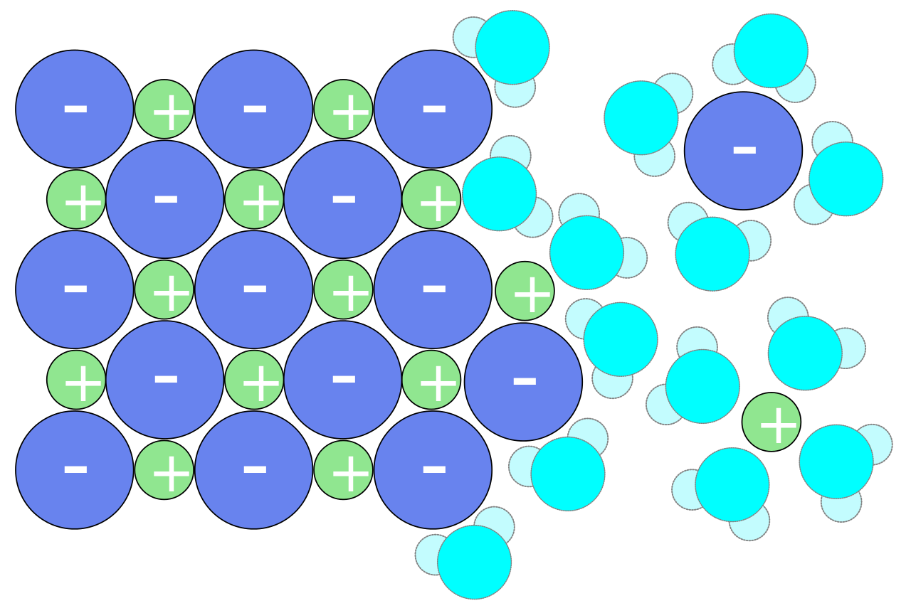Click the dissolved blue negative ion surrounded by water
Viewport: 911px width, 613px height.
[x=743, y=151]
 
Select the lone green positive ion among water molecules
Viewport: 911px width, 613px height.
[x=772, y=422]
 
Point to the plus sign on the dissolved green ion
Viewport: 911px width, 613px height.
[x=778, y=425]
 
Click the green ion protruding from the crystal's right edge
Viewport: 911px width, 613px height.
[x=525, y=291]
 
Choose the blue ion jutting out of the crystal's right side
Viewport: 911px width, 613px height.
[x=523, y=382]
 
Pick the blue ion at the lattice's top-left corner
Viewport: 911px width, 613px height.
[x=75, y=109]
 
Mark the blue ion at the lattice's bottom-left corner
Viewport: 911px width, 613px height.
[x=75, y=470]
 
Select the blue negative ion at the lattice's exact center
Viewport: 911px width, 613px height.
[x=254, y=289]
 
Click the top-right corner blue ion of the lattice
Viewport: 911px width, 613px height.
[x=433, y=109]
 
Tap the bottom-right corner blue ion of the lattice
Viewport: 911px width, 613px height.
[x=433, y=470]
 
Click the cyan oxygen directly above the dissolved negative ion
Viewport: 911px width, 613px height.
[x=771, y=50]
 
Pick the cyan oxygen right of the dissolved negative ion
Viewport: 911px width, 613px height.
[x=846, y=179]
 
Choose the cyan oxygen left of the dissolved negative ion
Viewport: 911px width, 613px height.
[x=641, y=117]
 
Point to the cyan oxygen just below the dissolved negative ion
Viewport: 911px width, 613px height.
[x=712, y=254]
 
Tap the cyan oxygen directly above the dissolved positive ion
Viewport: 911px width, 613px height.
[x=804, y=353]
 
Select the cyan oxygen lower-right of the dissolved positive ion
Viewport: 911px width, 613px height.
[x=836, y=462]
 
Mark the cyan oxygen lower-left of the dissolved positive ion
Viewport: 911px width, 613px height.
[x=732, y=484]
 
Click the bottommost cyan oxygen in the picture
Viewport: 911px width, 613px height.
[x=474, y=562]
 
